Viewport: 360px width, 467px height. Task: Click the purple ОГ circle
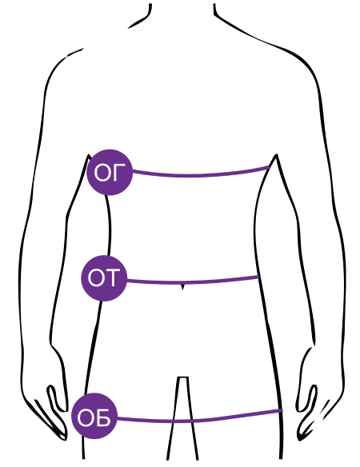tap(110, 173)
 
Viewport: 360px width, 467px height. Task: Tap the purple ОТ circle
tap(104, 278)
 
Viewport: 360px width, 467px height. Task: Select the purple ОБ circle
tap(94, 416)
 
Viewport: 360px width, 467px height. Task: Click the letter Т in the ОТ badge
tap(113, 277)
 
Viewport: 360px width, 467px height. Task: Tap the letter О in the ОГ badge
tap(102, 173)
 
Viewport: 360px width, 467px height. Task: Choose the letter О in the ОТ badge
tap(96, 277)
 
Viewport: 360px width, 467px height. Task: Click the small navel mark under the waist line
tap(182, 287)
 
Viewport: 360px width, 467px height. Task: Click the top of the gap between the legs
tap(182, 377)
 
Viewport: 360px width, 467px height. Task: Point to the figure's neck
tap(182, 12)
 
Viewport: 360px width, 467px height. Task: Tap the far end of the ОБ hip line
tap(282, 411)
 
